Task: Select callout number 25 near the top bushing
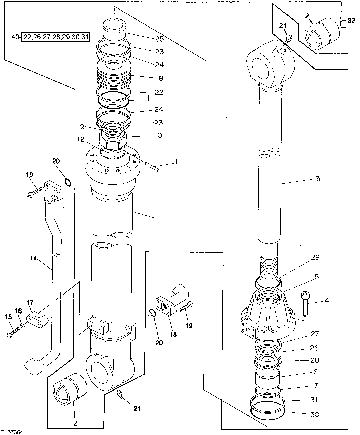click(159, 39)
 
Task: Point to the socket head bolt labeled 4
click(305, 304)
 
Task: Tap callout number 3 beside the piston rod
click(318, 179)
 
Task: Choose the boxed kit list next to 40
click(56, 37)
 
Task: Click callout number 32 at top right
click(351, 20)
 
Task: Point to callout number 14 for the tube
click(32, 258)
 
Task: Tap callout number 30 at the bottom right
click(315, 414)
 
